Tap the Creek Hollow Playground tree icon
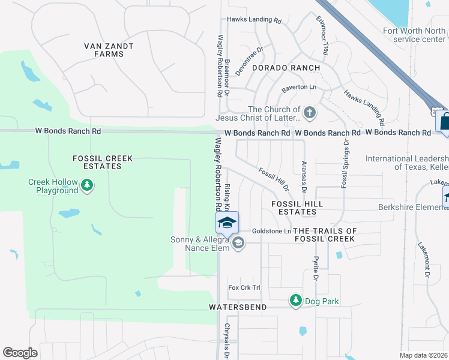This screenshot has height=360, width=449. (x=88, y=185)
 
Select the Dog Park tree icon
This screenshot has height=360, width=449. (x=295, y=300)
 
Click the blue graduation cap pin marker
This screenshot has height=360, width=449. (x=228, y=223)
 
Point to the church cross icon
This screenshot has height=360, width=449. (x=310, y=112)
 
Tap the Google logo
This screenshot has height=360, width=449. (x=20, y=353)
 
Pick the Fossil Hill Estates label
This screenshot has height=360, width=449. (x=297, y=208)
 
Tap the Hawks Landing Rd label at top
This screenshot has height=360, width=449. (x=254, y=20)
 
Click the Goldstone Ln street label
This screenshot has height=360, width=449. (x=271, y=231)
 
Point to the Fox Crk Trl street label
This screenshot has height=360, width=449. (x=244, y=288)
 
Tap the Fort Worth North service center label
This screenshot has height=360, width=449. (x=415, y=35)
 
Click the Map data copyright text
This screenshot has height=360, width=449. (x=423, y=355)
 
